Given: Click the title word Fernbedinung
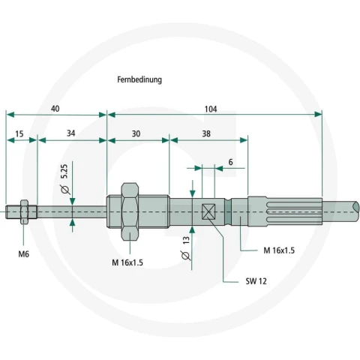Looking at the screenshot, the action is point(139,79).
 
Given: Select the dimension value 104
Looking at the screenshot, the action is point(211,109).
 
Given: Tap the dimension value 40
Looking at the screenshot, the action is point(55,109).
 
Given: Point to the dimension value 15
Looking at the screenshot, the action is point(19,134).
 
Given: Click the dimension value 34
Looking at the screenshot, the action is point(71,133).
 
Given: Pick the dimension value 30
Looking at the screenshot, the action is point(136,133).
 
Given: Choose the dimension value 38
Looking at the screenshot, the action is point(206,133).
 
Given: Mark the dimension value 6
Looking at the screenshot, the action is point(230,162).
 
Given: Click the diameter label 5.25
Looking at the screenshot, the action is point(64,171).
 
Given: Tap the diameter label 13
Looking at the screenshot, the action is point(186,241).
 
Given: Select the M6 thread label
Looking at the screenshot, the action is point(24,254).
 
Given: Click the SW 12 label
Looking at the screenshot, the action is point(256,281).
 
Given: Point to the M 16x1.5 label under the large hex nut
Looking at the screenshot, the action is point(127,262).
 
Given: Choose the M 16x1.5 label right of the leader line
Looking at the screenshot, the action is point(279,250).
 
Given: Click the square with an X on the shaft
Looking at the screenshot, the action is point(208,211).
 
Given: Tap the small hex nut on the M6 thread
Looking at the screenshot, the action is point(24,211).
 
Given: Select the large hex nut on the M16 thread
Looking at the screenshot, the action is point(130,211).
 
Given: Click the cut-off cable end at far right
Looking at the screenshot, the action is point(355,211).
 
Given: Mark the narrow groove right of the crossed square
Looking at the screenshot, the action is point(228,211).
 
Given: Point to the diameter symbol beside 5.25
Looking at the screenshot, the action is point(65,190).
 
